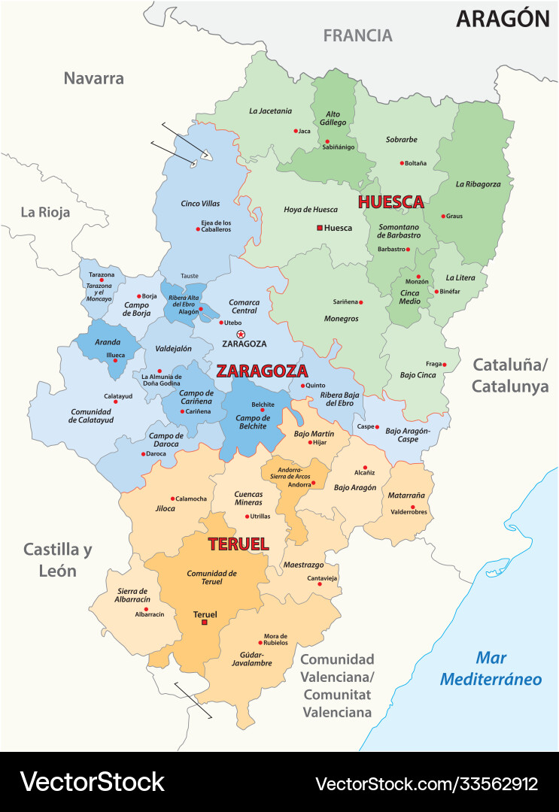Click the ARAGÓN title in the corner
pos(503,19)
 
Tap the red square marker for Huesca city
pos(319,228)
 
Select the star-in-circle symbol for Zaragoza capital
pos(241,334)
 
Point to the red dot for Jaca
pos(296,131)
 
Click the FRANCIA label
pos(357,35)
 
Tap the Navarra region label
pos(93,78)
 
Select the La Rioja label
pos(45,212)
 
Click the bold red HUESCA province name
pos(390,202)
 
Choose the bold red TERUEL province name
pos(238,544)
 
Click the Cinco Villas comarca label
pos(200,204)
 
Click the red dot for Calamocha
pos(173,498)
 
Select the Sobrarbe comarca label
pos(401,139)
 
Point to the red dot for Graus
pos(443,216)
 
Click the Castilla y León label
pos(57,560)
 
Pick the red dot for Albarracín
pos(146,609)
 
